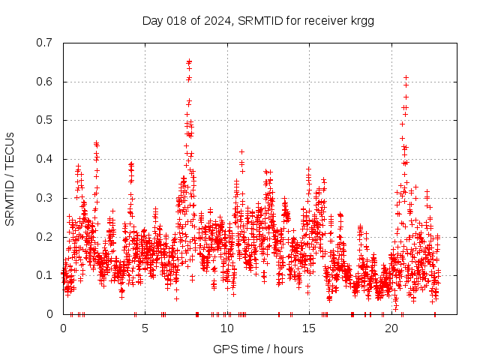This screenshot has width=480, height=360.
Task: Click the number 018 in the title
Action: (x=175, y=20)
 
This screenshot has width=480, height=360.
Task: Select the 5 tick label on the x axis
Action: (x=145, y=328)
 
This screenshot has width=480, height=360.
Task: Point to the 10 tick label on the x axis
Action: (x=227, y=328)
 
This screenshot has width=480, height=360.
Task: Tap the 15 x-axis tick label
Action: (x=309, y=328)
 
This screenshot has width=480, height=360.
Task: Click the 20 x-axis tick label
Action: (x=391, y=328)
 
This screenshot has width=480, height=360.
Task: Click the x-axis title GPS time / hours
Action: (x=258, y=349)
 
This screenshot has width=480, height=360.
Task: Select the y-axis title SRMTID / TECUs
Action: (x=10, y=178)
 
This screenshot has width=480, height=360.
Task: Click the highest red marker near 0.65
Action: (x=189, y=61)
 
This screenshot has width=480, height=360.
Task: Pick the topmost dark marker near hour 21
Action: (x=406, y=77)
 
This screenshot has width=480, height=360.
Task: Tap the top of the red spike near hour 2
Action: (x=96, y=142)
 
